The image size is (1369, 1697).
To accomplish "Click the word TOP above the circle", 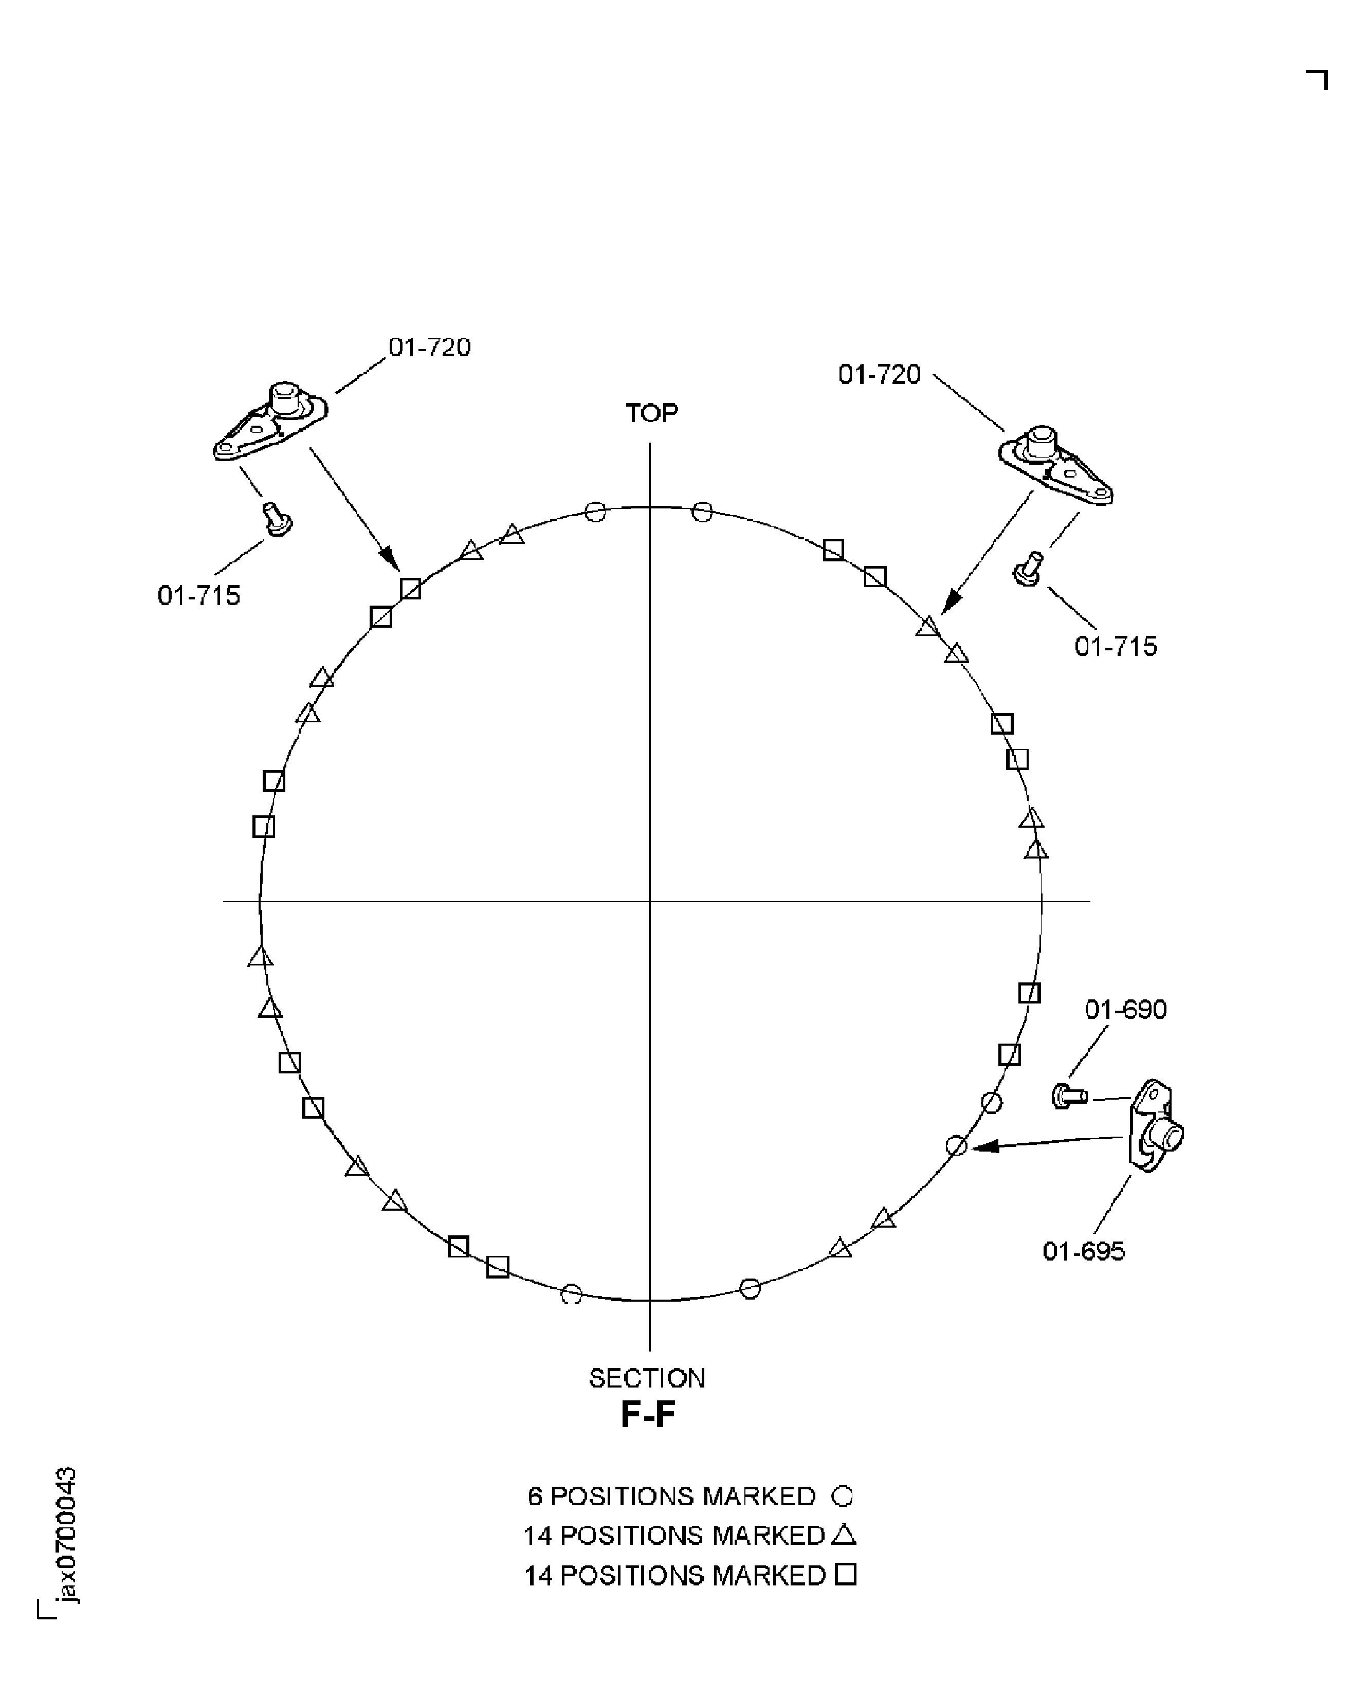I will tap(651, 412).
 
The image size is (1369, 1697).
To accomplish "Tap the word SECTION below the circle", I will tap(647, 1378).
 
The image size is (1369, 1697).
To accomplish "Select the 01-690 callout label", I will tap(1125, 1009).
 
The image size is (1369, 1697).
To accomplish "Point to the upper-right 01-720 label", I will tap(879, 375).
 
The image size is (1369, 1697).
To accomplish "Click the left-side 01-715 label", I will tap(199, 595).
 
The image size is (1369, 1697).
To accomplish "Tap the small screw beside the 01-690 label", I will tap(1069, 1096).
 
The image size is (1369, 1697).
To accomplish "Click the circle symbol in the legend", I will tap(842, 1496).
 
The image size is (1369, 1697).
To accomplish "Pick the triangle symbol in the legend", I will tap(844, 1535).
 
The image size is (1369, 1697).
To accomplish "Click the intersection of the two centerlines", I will tap(650, 901).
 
